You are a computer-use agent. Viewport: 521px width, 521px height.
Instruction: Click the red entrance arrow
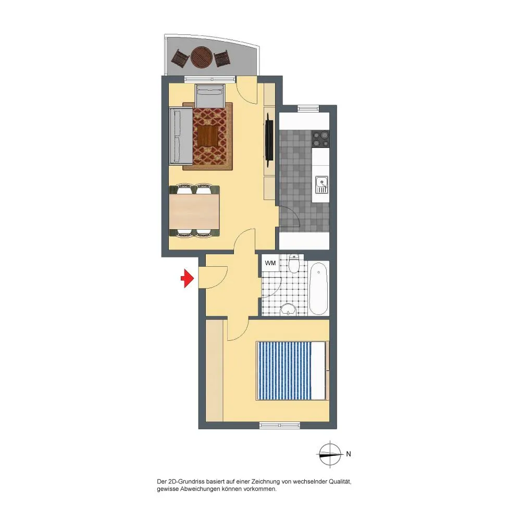(x=188, y=278)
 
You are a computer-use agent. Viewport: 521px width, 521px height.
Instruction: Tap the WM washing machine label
(x=270, y=263)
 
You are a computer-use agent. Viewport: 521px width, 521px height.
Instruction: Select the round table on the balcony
(x=201, y=57)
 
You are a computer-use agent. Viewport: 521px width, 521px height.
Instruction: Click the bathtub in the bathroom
(x=319, y=288)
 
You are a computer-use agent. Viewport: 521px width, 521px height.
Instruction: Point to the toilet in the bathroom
(x=294, y=264)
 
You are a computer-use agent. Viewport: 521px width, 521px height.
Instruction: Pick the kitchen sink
(x=321, y=185)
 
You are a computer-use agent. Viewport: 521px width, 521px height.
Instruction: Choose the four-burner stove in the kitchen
(x=320, y=139)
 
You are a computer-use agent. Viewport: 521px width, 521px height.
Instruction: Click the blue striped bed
(x=291, y=370)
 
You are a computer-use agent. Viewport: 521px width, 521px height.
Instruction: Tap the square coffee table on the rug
(x=208, y=136)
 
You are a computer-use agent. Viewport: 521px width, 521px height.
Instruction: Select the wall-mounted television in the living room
(x=269, y=140)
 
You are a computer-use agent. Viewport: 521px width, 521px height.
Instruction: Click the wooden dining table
(x=194, y=212)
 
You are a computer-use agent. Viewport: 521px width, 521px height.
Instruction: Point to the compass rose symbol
(x=330, y=454)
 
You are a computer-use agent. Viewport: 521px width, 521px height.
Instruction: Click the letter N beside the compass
(x=349, y=454)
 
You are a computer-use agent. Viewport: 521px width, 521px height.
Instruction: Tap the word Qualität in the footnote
(x=340, y=481)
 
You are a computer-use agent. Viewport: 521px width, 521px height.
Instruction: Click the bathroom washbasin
(x=288, y=309)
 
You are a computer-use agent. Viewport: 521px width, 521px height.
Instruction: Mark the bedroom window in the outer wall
(x=279, y=425)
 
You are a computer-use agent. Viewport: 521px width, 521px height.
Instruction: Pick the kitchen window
(x=308, y=108)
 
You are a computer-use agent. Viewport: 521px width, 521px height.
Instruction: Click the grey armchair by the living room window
(x=210, y=96)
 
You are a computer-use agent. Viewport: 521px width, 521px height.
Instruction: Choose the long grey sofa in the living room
(x=181, y=136)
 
